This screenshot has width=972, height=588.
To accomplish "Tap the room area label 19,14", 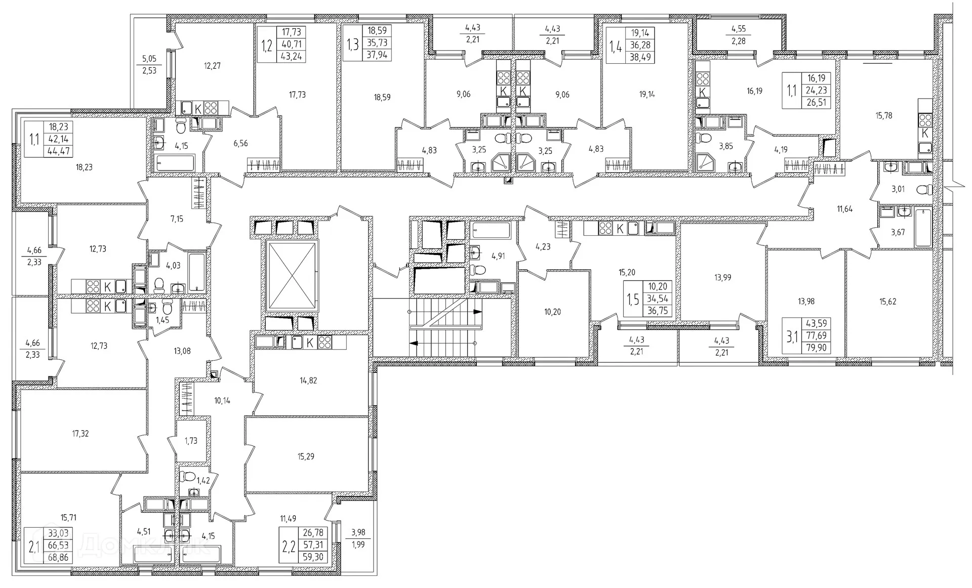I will pos(647,94).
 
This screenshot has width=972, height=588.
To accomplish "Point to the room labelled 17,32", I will pos(80,434).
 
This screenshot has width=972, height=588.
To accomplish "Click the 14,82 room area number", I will pos(308,380).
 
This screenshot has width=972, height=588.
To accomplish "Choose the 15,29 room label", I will pos(306,456).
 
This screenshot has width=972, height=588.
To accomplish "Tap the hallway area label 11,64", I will pos(844,208).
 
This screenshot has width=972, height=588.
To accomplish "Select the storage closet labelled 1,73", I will pos(191,441).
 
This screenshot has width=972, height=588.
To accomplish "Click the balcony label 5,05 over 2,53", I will pos(149,65).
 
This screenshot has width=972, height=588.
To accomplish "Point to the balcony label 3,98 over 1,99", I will pos(358,538).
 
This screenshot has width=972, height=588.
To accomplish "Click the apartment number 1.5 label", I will pos(632,299).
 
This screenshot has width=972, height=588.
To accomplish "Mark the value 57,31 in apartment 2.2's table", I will pos(312,545).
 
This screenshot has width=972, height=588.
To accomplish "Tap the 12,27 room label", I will pos(212,66).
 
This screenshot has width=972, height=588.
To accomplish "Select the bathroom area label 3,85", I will pos(726,146).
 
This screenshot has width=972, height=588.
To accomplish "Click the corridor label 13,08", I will pos(182,351).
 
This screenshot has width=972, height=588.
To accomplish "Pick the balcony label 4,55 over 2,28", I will pos(738,35).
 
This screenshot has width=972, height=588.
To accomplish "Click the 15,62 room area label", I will pos(888,302).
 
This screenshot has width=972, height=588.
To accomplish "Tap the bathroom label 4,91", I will pos(498,256).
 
